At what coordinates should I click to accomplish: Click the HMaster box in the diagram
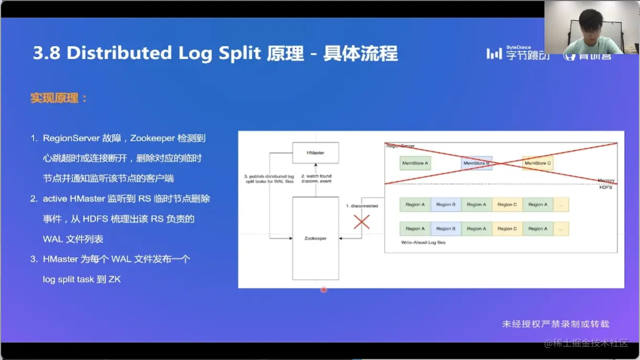(315, 152)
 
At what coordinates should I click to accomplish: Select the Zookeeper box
(315, 238)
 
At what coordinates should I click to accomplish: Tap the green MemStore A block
(415, 163)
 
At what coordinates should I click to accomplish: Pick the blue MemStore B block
(476, 163)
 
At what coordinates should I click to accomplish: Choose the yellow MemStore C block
(538, 163)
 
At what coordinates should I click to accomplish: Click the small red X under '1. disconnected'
(361, 222)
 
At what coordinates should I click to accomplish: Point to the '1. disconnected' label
(361, 206)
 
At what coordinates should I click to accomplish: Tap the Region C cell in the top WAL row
(507, 205)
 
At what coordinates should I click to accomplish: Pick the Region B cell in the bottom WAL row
(446, 229)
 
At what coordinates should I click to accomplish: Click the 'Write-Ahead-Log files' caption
(422, 242)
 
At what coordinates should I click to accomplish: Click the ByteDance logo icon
(494, 54)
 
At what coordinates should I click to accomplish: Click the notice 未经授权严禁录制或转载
(556, 324)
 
